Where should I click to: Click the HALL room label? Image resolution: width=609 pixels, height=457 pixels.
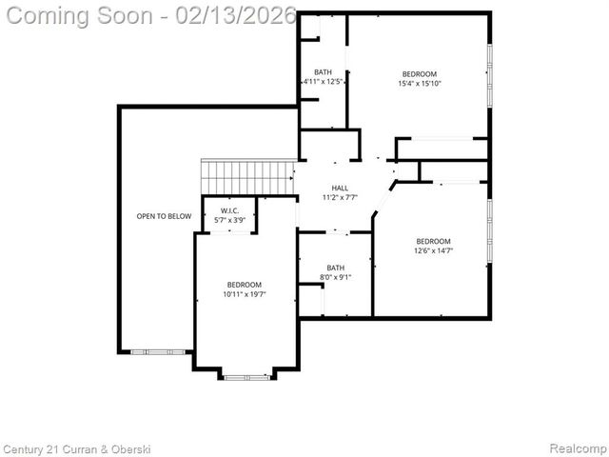tap(340, 189)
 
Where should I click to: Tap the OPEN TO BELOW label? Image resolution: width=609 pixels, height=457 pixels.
tap(164, 216)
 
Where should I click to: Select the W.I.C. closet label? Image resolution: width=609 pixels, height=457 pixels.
tap(229, 210)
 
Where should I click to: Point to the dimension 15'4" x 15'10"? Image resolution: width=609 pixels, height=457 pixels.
tap(419, 84)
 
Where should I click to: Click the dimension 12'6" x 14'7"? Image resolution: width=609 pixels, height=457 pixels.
tap(432, 251)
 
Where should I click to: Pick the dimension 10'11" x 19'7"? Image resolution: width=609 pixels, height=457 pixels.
tap(244, 294)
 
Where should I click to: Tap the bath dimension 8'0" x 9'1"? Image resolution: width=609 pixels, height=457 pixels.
tap(335, 278)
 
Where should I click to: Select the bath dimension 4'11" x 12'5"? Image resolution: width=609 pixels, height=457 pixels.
tap(323, 82)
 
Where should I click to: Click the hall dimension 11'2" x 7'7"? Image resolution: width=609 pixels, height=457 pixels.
tap(340, 198)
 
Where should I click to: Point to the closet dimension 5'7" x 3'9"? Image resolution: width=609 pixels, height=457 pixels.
tap(229, 220)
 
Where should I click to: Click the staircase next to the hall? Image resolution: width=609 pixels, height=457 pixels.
tap(246, 177)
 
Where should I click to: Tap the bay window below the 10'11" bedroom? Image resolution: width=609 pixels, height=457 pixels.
tap(246, 377)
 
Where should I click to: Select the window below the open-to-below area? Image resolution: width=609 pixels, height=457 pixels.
tap(151, 352)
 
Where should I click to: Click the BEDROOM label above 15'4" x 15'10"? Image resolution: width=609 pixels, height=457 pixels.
tap(419, 74)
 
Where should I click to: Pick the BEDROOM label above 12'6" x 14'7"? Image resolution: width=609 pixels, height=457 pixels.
tap(432, 242)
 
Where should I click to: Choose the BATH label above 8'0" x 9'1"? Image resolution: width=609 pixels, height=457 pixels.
tap(335, 268)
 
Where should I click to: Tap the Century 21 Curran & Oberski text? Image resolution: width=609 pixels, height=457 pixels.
tap(77, 448)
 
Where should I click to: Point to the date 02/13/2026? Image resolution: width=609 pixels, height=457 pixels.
tap(238, 16)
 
